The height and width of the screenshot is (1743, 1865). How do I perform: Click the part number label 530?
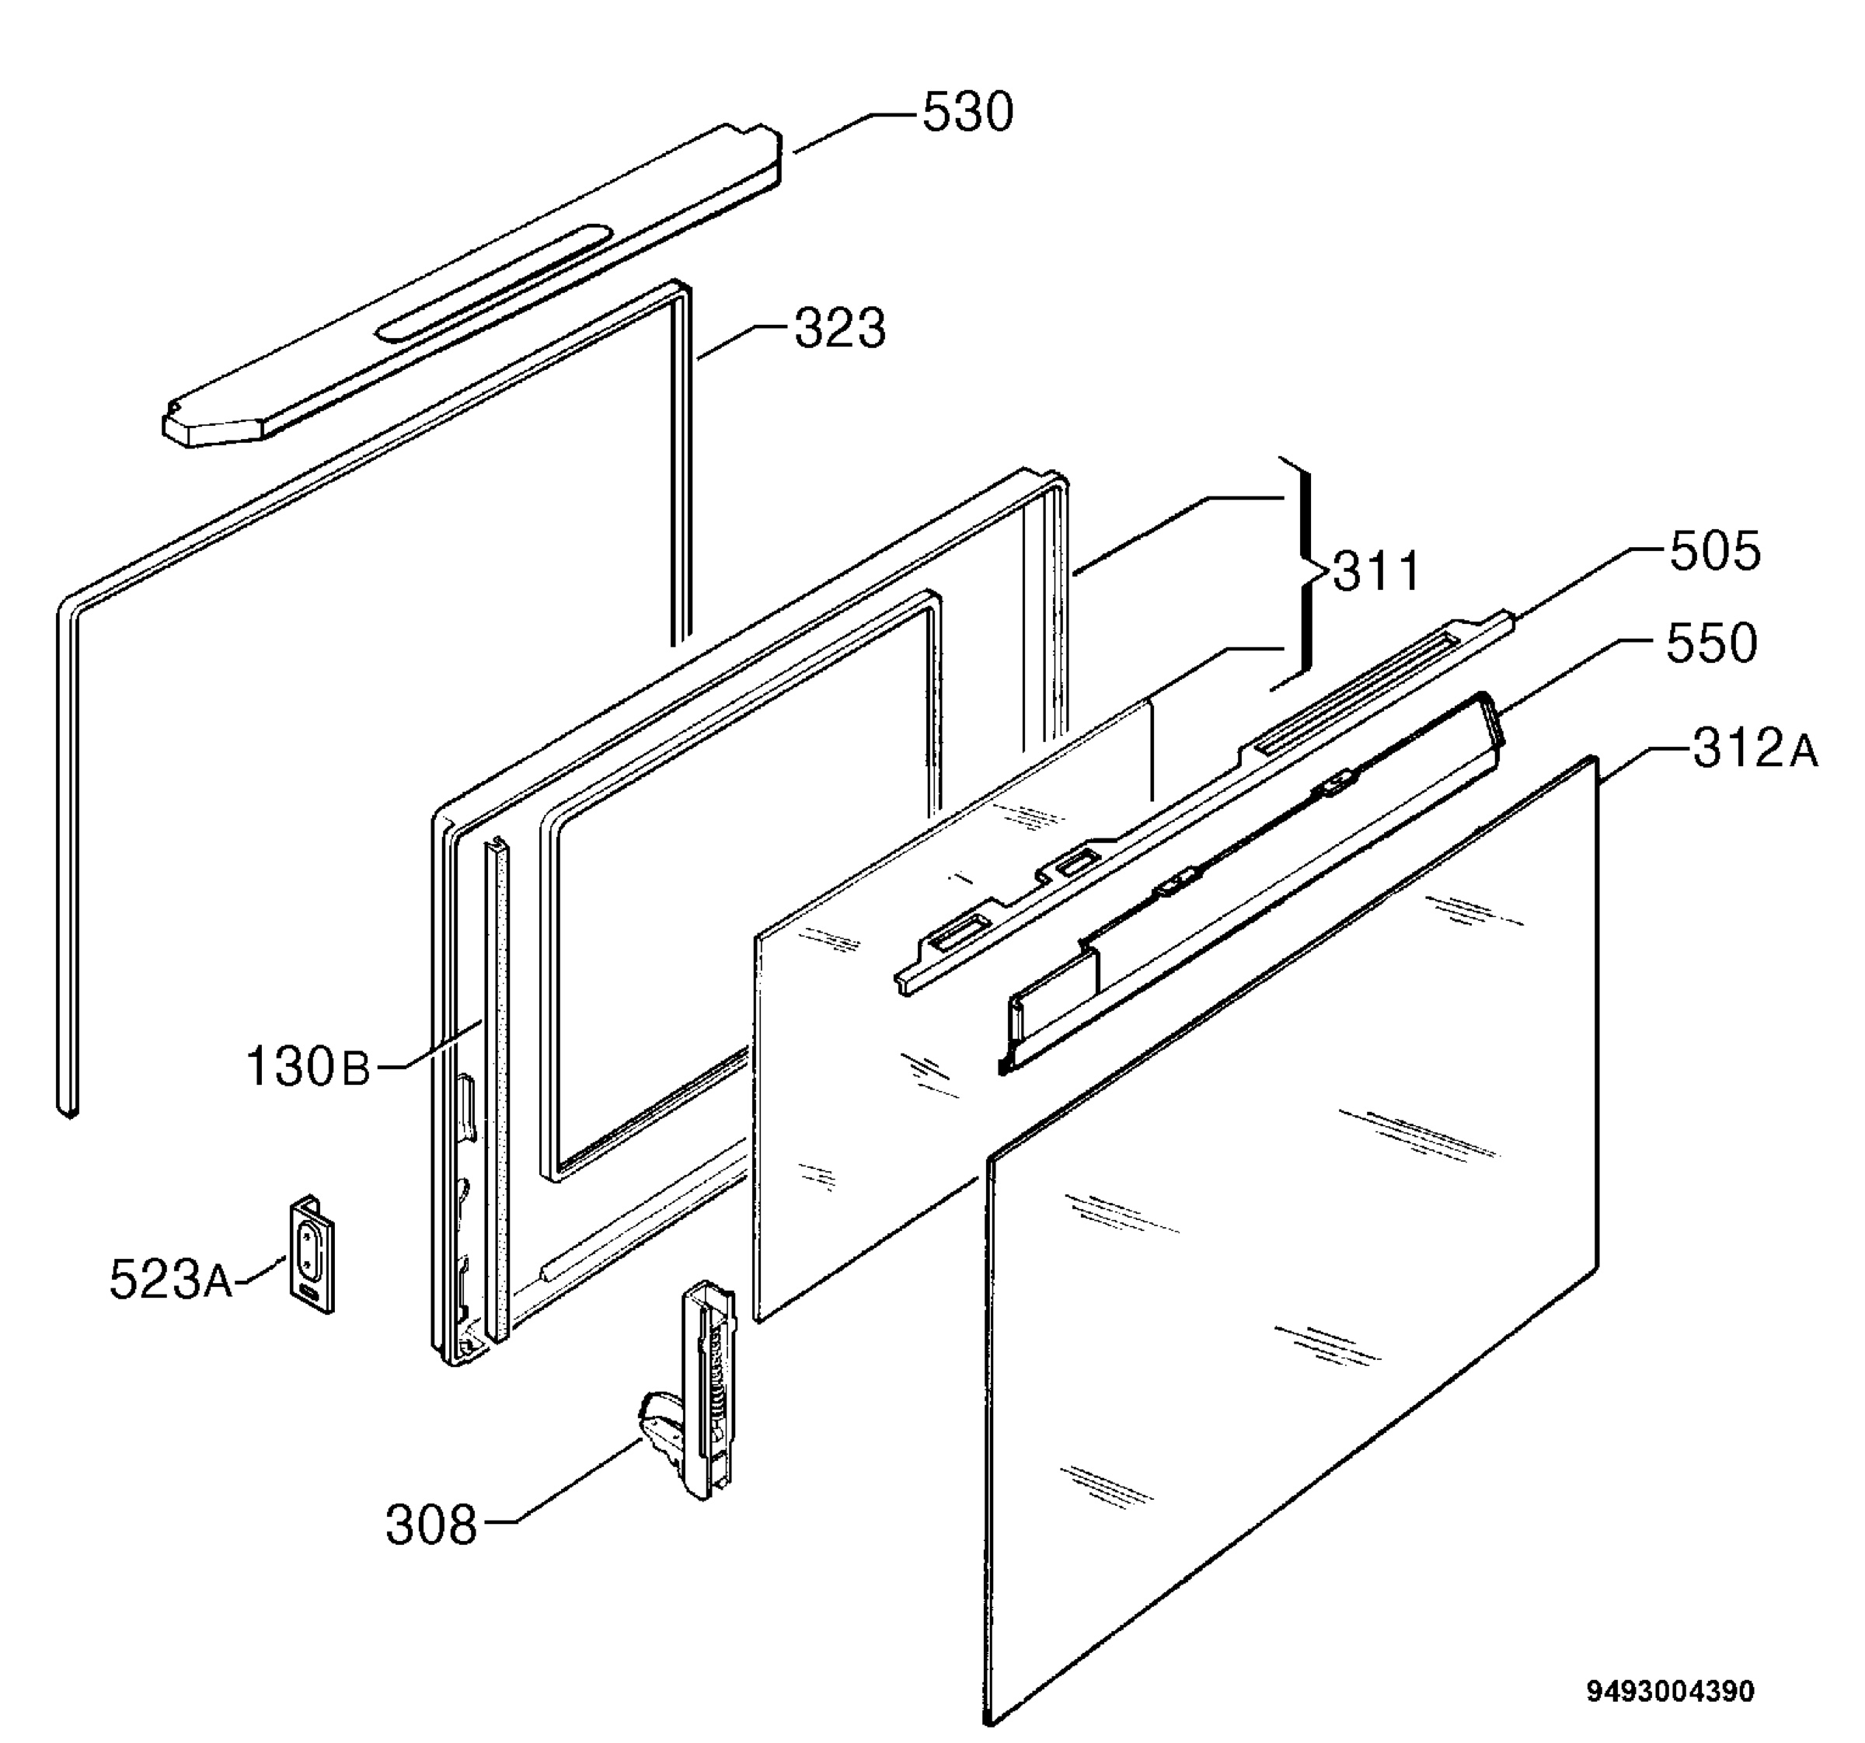click(967, 113)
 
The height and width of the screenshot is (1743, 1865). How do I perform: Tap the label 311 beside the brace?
click(1376, 570)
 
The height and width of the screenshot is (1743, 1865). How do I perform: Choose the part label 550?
click(1711, 643)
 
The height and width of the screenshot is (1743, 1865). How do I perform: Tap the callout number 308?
click(431, 1525)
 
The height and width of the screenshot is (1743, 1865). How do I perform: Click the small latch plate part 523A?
click(312, 1254)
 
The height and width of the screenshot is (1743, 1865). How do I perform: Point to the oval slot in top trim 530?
click(494, 281)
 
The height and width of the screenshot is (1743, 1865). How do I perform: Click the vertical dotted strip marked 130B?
click(497, 1087)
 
